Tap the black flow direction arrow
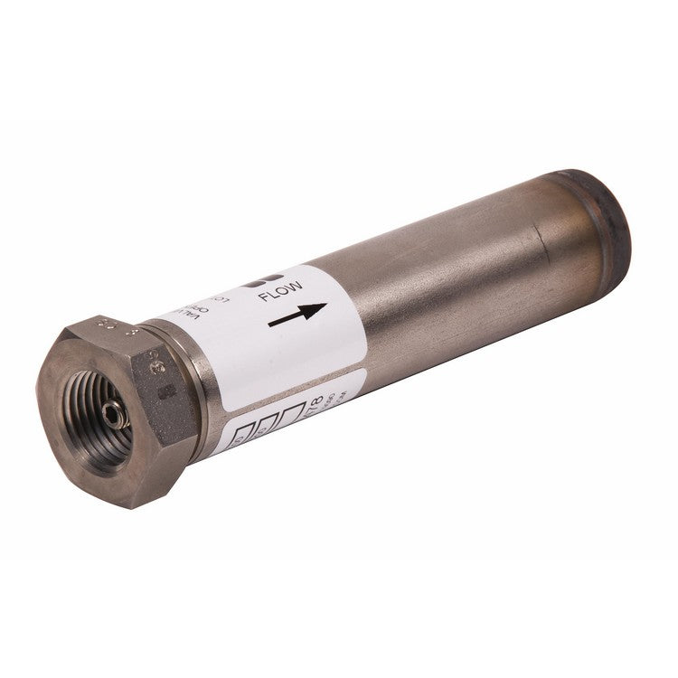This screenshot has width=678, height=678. (298, 315)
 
